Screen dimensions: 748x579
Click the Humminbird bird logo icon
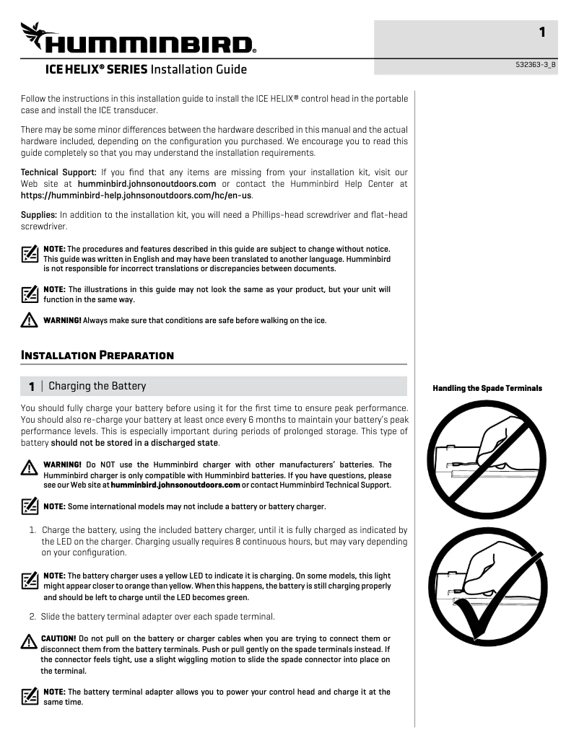(37, 34)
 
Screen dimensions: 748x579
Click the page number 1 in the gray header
(541, 32)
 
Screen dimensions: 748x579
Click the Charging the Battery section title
(97, 386)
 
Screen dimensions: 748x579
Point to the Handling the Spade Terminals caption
(487, 388)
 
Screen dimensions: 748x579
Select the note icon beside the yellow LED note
(30, 580)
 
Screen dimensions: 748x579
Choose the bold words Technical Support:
(58, 172)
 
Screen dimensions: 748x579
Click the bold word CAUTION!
(58, 638)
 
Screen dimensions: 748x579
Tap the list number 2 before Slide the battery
(33, 617)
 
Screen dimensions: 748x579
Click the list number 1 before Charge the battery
(33, 529)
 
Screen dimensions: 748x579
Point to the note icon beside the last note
(30, 696)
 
